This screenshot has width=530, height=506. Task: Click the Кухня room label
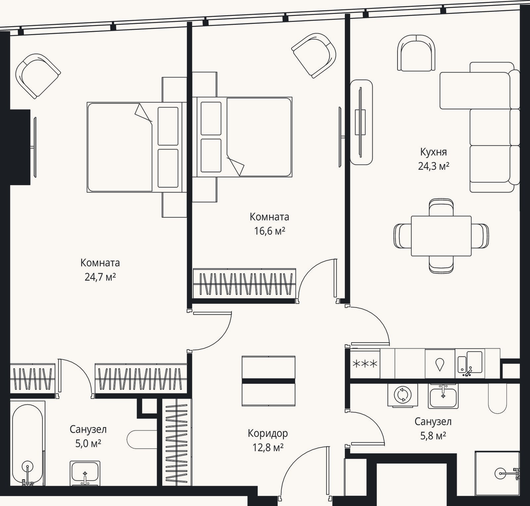[433, 152]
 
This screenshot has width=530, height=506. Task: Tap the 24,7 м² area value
[100, 277]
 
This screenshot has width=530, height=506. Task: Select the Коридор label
[268, 433]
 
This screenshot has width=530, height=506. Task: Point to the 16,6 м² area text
[270, 231]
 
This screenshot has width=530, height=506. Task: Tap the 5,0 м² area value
[88, 443]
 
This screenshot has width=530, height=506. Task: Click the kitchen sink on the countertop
[470, 364]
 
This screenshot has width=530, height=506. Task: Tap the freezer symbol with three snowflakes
[365, 364]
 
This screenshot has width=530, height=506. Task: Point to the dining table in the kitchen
[441, 236]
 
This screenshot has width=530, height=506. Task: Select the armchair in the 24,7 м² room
[38, 76]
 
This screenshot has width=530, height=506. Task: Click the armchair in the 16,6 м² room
[314, 55]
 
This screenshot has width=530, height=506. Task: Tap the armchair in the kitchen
[416, 53]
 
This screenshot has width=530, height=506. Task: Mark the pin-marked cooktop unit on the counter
[440, 364]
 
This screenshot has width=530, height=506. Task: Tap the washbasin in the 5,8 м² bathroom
[443, 396]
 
